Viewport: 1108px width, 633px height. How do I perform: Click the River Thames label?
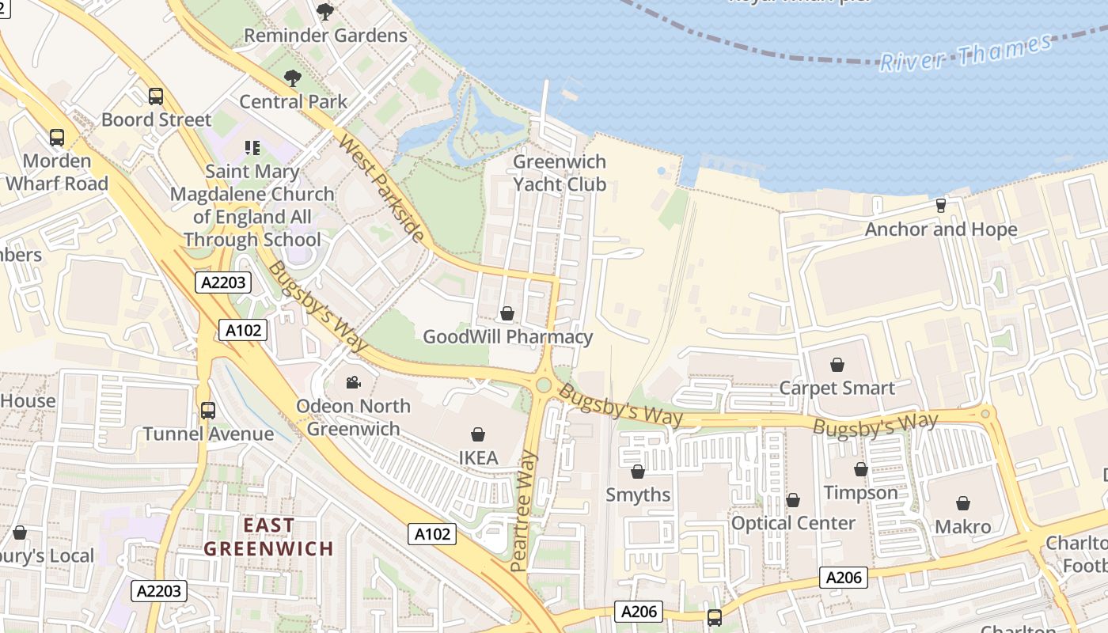point(966,53)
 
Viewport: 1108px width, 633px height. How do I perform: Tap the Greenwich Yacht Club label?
point(560,173)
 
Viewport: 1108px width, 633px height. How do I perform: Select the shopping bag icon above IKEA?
point(478,434)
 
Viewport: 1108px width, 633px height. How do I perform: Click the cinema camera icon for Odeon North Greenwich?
point(353,382)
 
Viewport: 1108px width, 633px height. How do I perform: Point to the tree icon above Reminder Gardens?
point(324,11)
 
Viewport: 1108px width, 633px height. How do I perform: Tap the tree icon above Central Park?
point(293,78)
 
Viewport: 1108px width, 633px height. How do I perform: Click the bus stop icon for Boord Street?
point(156,97)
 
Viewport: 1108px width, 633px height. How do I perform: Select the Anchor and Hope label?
point(941,229)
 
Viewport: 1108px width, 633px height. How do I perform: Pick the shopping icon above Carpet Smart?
point(837,365)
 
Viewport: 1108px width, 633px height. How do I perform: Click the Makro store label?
point(962,527)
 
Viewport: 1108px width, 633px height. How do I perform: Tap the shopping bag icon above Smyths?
point(638,472)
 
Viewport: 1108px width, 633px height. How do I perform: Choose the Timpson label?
point(860,493)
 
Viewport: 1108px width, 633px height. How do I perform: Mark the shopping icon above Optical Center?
point(793,500)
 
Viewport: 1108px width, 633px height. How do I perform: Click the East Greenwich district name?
point(268,536)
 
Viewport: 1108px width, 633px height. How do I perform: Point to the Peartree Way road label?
point(525,511)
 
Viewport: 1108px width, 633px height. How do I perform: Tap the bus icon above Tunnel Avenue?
point(208,411)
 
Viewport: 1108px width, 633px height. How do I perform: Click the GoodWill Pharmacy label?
point(507,337)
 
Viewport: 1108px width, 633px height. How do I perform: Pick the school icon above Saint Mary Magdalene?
point(252,147)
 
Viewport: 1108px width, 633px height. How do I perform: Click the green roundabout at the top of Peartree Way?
point(543,385)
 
